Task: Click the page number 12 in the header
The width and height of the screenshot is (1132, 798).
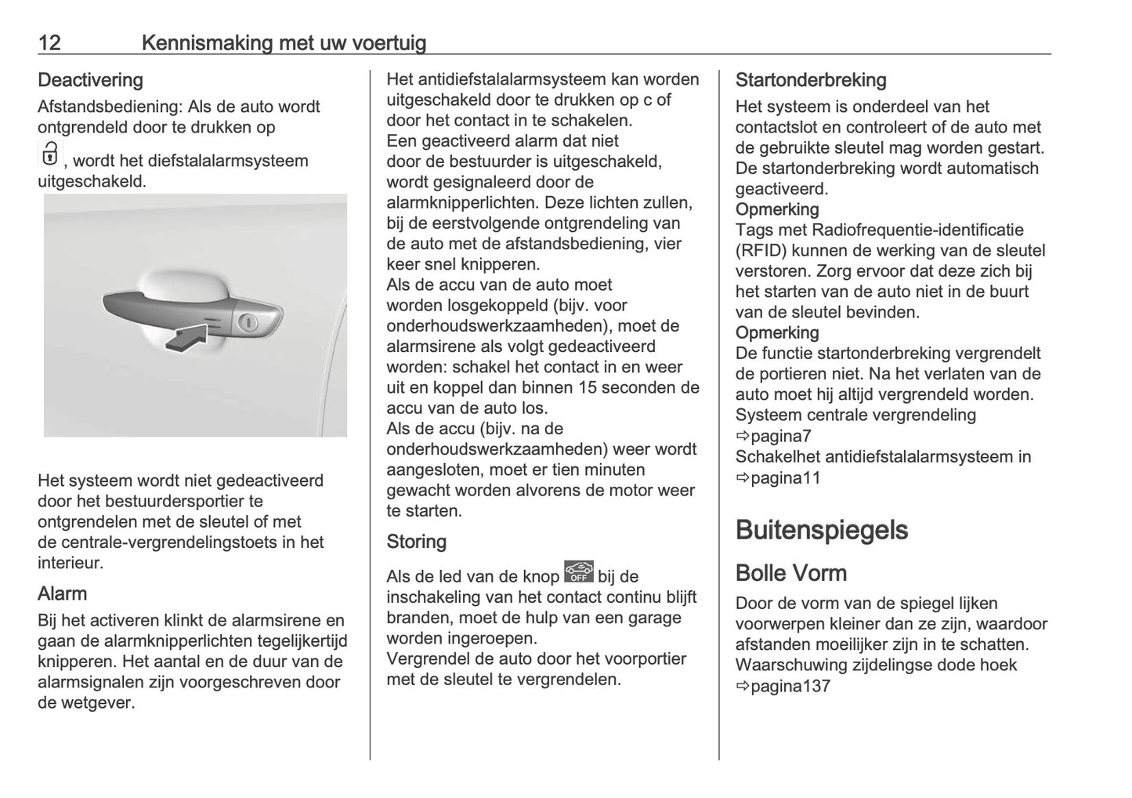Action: [49, 42]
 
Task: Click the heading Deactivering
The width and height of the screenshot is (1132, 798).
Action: [90, 80]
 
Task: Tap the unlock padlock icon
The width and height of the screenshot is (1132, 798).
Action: [49, 154]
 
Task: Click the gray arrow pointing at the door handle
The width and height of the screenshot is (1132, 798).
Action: [187, 337]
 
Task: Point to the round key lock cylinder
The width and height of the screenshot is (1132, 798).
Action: [248, 322]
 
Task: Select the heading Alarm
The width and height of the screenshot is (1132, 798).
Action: [62, 593]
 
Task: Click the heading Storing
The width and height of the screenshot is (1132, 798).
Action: [416, 542]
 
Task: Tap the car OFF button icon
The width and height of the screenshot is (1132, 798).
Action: [578, 572]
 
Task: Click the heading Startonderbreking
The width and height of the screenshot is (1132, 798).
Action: [810, 80]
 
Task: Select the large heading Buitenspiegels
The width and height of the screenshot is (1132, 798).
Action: [821, 530]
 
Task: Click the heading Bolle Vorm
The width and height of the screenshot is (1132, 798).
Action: [790, 573]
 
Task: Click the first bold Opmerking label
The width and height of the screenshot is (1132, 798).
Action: [776, 209]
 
